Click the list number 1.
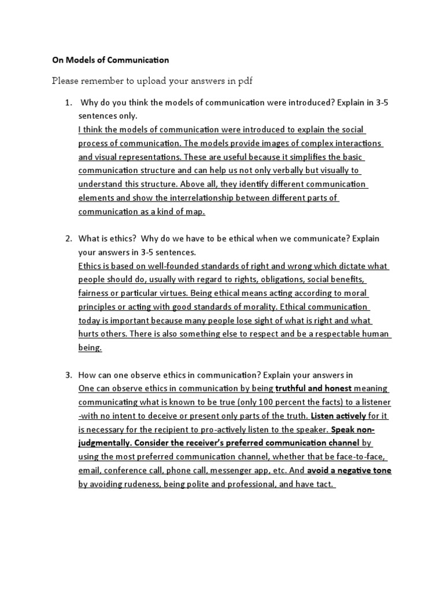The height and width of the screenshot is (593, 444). [68, 103]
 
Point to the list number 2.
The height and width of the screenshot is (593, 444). [68, 239]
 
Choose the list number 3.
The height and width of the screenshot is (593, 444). [68, 374]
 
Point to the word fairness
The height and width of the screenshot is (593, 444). [95, 293]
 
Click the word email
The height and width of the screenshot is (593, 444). [90, 470]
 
